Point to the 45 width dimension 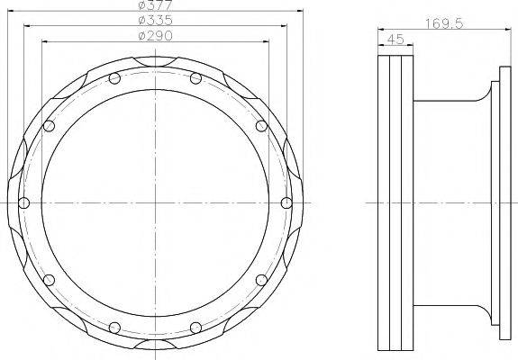coord(393,40)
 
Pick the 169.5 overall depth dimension coord(445,25)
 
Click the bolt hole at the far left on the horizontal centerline coord(24,202)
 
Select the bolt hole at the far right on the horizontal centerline coord(286,202)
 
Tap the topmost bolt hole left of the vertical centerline coord(114,78)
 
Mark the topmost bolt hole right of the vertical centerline coord(196,78)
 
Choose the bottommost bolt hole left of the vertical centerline coord(114,325)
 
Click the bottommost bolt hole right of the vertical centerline coord(196,325)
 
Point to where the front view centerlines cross coord(156,202)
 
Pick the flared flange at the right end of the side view coord(494,202)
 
